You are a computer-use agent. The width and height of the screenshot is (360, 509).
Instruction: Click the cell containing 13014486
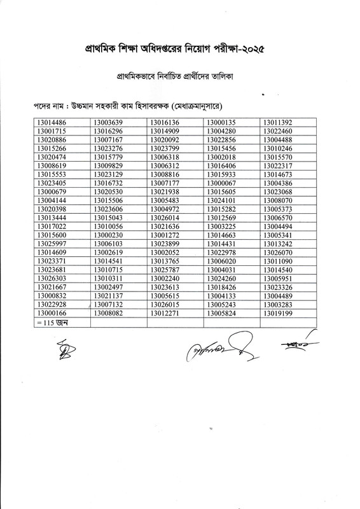(x=52, y=122)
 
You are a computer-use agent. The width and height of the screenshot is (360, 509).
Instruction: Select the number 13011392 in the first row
(x=278, y=122)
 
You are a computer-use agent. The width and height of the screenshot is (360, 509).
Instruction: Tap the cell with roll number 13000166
(x=52, y=313)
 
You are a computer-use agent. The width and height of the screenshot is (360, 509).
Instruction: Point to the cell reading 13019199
(x=278, y=313)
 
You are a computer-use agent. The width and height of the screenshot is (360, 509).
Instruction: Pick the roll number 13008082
(x=108, y=313)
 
